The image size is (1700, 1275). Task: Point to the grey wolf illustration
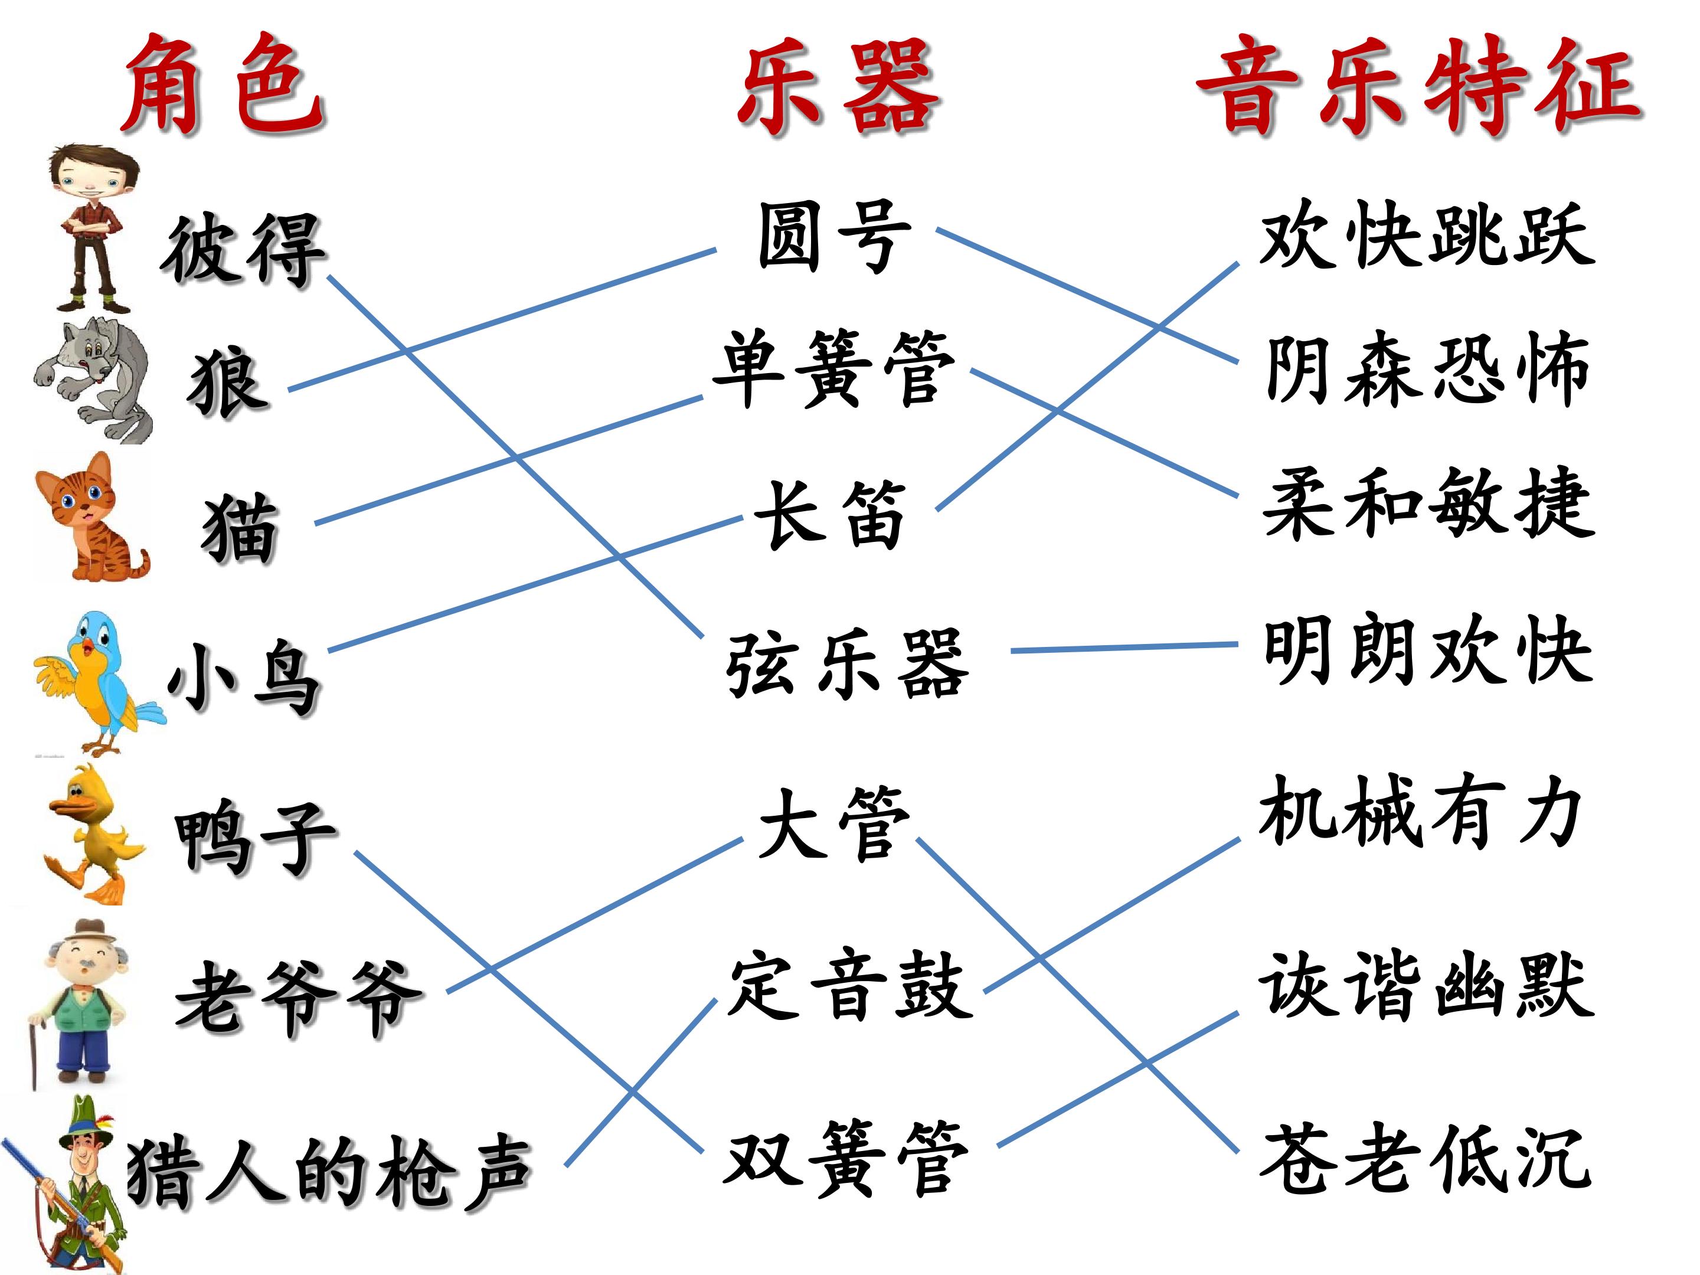pyautogui.click(x=94, y=380)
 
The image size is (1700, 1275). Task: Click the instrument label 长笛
pyautogui.click(x=830, y=515)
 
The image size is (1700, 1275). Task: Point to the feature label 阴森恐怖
pyautogui.click(x=1428, y=369)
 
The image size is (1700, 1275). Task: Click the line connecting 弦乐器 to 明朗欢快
pyautogui.click(x=1124, y=648)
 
